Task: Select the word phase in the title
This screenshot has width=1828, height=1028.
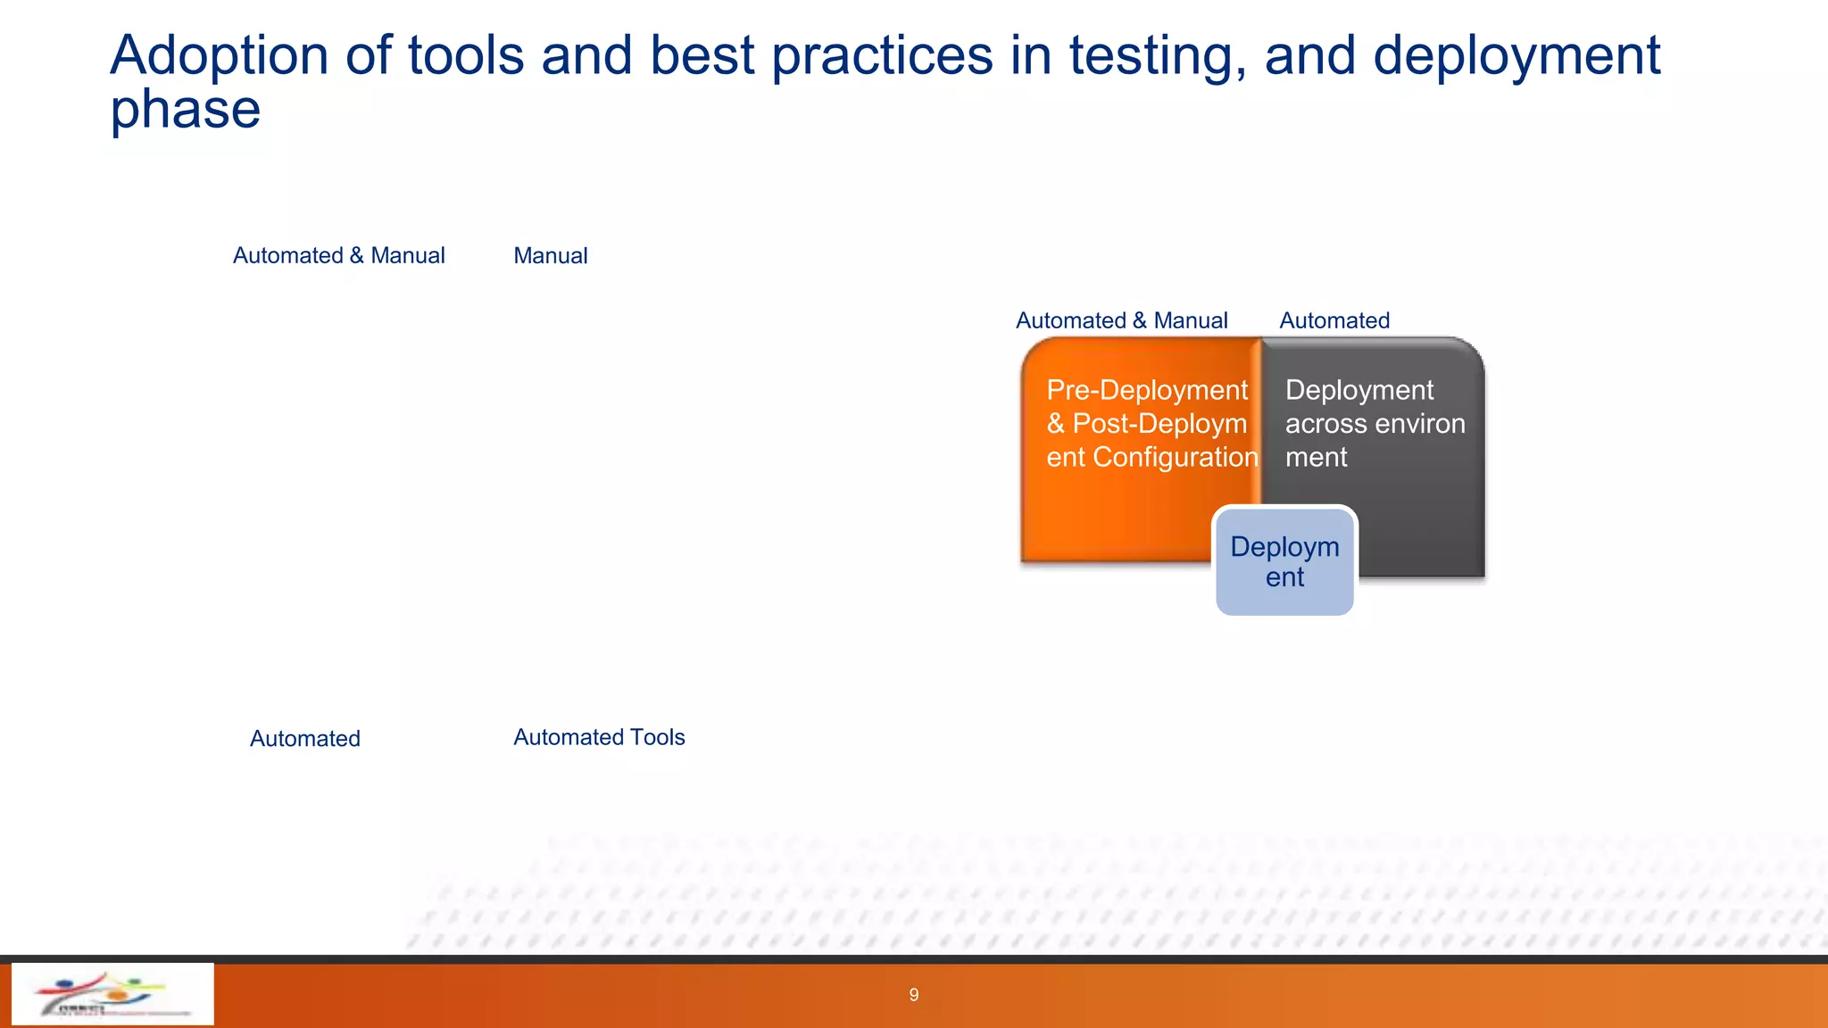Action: tap(185, 111)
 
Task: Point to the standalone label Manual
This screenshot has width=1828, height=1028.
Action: tap(550, 256)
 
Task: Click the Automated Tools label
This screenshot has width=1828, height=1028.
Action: tap(599, 737)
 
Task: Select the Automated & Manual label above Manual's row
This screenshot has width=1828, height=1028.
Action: tap(338, 256)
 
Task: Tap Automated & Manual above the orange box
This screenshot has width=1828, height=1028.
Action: tap(1121, 320)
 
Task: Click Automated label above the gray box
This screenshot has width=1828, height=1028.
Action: tap(1334, 320)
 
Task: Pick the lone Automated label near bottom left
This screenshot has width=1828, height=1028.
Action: tap(304, 739)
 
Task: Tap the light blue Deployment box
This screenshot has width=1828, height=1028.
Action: tap(1284, 562)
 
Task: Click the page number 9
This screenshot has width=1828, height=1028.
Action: tap(913, 995)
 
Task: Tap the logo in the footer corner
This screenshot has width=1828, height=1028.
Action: tap(112, 993)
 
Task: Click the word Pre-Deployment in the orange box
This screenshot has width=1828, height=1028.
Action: tap(1146, 390)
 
